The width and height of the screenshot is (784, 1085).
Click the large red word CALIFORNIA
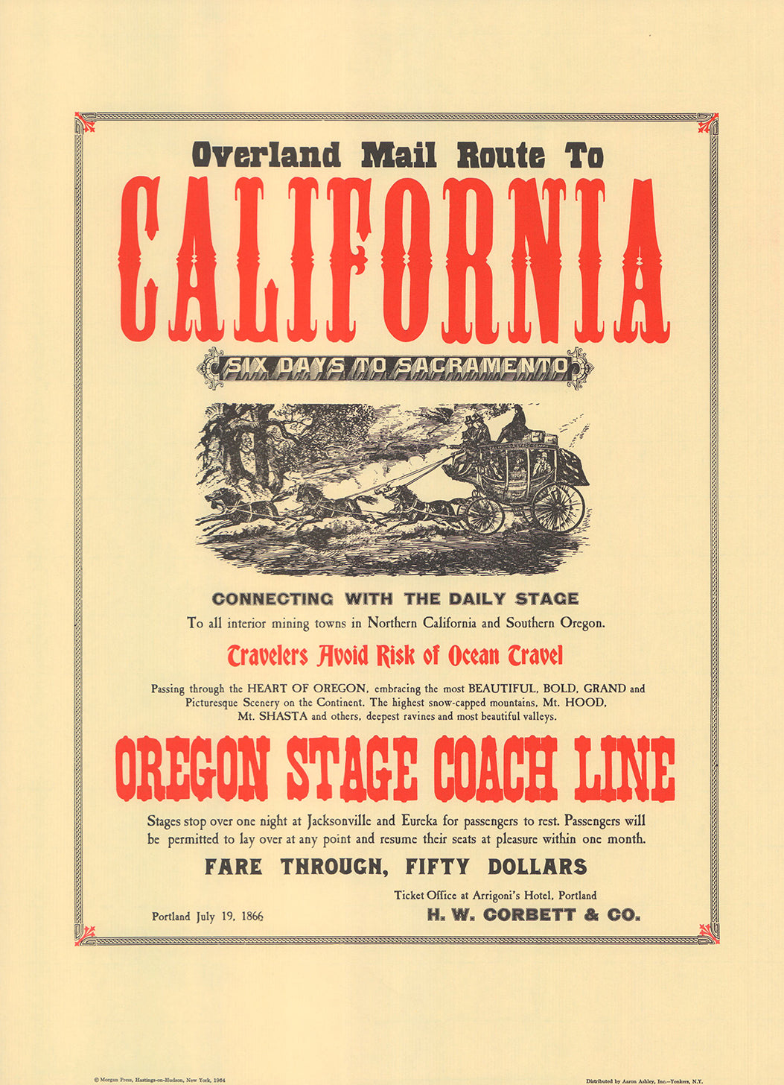click(x=394, y=259)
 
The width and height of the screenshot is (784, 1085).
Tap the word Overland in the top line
click(x=266, y=156)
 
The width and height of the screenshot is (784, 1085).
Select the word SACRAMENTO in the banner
click(x=483, y=366)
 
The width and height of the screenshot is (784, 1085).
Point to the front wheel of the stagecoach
click(x=484, y=514)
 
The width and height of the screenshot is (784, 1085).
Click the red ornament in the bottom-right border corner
click(x=708, y=934)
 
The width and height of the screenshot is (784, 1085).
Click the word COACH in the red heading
click(x=495, y=768)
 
